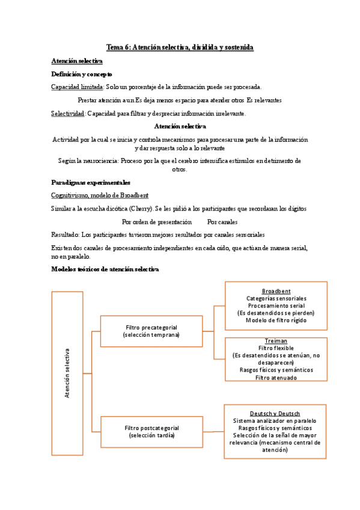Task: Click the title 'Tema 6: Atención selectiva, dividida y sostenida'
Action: point(180,47)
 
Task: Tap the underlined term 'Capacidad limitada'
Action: point(77,87)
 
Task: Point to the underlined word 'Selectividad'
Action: point(68,114)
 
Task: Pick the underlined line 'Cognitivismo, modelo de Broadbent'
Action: point(100,195)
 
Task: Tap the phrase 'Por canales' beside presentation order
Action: point(222,222)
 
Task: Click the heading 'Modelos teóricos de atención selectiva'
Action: point(105,269)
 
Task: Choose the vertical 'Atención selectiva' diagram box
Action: point(67,373)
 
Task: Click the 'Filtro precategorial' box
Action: point(151,331)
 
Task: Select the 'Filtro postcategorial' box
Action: point(151,431)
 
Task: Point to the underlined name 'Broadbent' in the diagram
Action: point(276,291)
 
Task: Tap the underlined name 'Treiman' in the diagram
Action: point(276,341)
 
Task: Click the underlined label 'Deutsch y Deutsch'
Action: point(275,413)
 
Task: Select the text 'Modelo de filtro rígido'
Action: point(276,320)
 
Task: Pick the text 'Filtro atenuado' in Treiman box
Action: point(276,378)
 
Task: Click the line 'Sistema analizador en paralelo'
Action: point(275,421)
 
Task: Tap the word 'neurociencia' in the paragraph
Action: point(99,161)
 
